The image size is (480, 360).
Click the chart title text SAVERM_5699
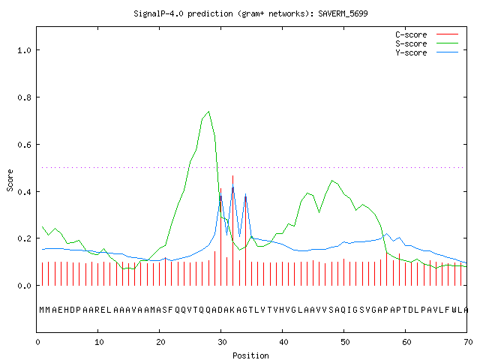point(343,13)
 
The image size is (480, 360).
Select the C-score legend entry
point(427,34)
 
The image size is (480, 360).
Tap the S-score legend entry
point(427,43)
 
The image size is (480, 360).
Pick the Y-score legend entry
point(427,52)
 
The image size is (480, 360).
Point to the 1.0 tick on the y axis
point(24,50)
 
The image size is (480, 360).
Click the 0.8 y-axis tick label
point(24,97)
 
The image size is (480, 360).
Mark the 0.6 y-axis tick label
point(24,145)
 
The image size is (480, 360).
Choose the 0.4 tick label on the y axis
point(24,192)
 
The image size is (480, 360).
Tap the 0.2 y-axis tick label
point(24,238)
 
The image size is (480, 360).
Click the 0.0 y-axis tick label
point(24,286)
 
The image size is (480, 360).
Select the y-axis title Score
point(10,180)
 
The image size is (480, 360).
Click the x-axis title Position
point(250,355)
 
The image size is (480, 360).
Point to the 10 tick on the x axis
point(99,342)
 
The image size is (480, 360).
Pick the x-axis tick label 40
point(283,342)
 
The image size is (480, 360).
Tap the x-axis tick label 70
point(468,342)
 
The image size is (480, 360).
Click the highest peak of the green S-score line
point(208,112)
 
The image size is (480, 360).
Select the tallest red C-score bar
point(233,230)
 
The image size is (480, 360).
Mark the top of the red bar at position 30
point(220,188)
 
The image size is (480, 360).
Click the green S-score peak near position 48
point(332,181)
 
